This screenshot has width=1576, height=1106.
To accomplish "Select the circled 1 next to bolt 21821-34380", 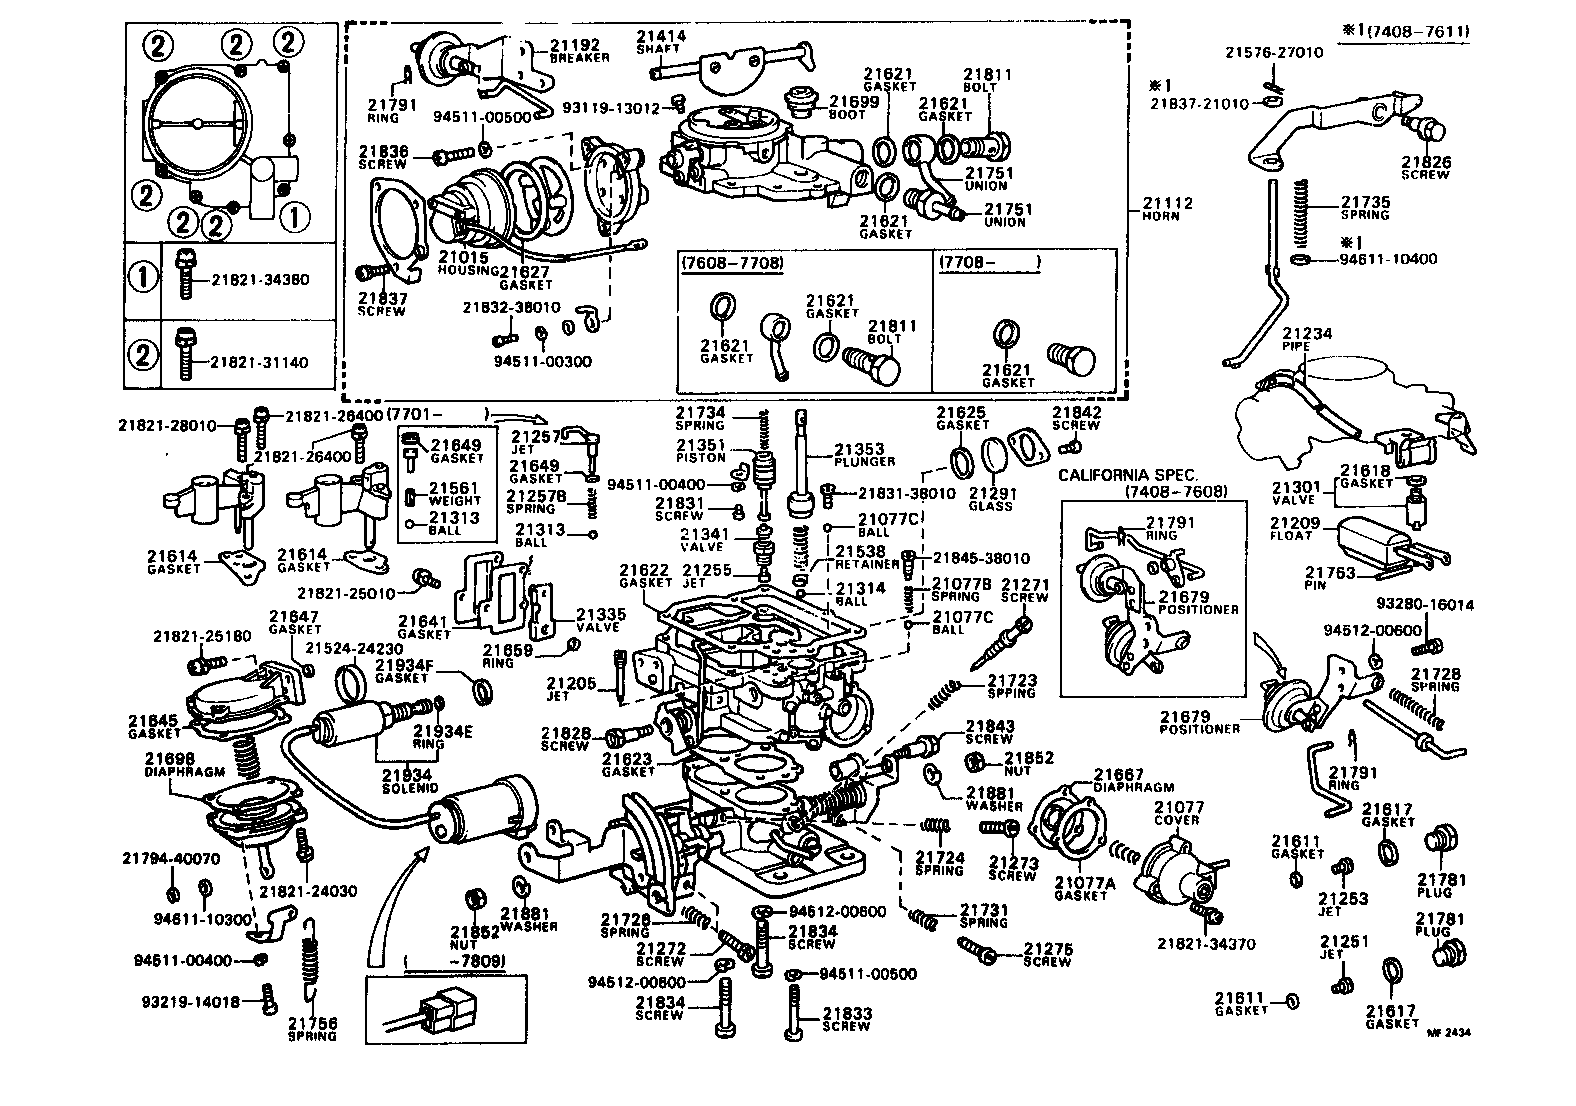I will (x=143, y=277).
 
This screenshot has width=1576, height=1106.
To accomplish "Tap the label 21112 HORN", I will (x=1167, y=208).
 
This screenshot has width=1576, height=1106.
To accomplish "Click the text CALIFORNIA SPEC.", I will (x=1127, y=475).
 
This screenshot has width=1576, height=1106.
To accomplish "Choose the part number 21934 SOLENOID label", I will (x=406, y=781).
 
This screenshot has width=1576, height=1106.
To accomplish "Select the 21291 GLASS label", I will (x=991, y=498).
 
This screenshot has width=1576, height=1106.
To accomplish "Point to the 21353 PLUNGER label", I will (x=860, y=455).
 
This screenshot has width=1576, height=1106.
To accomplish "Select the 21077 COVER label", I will (x=1178, y=812).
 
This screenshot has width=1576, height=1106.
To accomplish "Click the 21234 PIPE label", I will (x=1307, y=339).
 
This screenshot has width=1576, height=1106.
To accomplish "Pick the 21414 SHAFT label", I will (x=661, y=41).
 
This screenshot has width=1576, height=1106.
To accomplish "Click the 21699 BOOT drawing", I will (x=799, y=100).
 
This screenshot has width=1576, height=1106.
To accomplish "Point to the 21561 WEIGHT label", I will (x=455, y=494).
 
